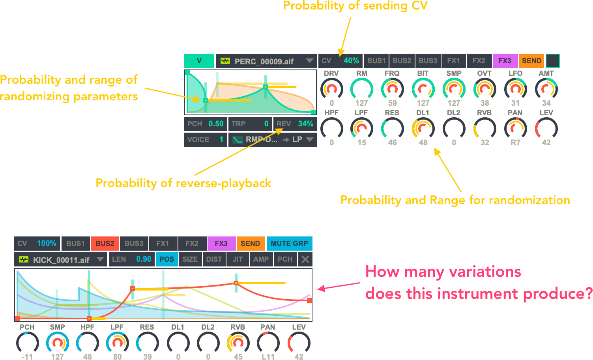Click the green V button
[199, 61]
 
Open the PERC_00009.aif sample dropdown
[309, 61]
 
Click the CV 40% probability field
[340, 61]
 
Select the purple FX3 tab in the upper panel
[505, 61]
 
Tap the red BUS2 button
[105, 244]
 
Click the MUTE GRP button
[289, 244]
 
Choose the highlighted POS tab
[166, 259]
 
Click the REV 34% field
[295, 124]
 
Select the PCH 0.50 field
[205, 124]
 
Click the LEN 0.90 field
[131, 259]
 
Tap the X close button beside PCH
[305, 259]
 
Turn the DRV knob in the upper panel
[331, 89]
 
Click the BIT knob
[423, 89]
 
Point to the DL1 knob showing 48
[423, 128]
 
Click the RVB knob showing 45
[238, 343]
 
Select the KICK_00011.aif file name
[61, 260]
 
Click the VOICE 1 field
[205, 140]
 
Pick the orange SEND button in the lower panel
[250, 244]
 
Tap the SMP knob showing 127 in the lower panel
[57, 343]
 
